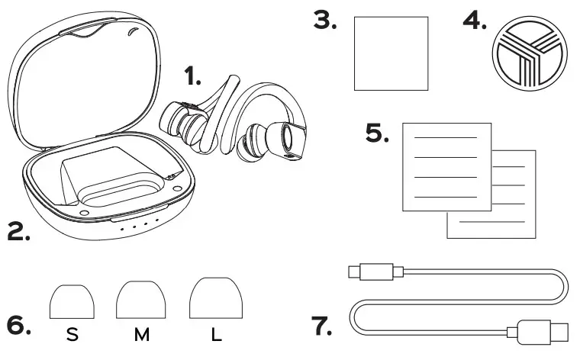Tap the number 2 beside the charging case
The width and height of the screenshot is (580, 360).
[x=19, y=231]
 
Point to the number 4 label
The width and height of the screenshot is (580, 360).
[x=475, y=21]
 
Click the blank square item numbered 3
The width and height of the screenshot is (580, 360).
[x=391, y=54]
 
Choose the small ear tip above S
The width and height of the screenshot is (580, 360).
[x=72, y=302]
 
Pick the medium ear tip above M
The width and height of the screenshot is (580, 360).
[x=141, y=300]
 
